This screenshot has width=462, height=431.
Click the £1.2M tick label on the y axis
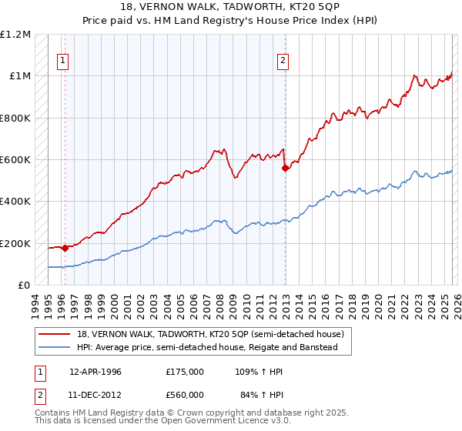16,35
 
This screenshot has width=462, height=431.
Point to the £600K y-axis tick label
16,160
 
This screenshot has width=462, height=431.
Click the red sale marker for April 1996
65,248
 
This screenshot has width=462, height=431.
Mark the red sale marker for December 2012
286,168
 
